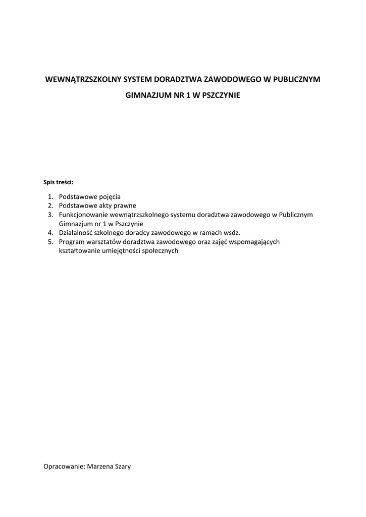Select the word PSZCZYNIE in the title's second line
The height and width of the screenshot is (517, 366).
click(x=221, y=94)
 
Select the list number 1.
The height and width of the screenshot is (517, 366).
click(x=50, y=196)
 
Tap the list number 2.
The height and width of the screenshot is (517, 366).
click(x=50, y=205)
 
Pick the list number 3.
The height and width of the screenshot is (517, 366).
click(x=50, y=215)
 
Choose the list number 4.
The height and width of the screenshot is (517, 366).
click(x=50, y=233)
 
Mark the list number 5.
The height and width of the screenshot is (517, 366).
click(x=50, y=242)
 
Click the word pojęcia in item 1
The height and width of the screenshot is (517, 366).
click(x=110, y=196)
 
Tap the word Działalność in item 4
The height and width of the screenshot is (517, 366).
click(x=76, y=233)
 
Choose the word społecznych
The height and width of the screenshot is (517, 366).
click(x=161, y=251)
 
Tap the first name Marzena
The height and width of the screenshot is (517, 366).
click(x=100, y=467)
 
